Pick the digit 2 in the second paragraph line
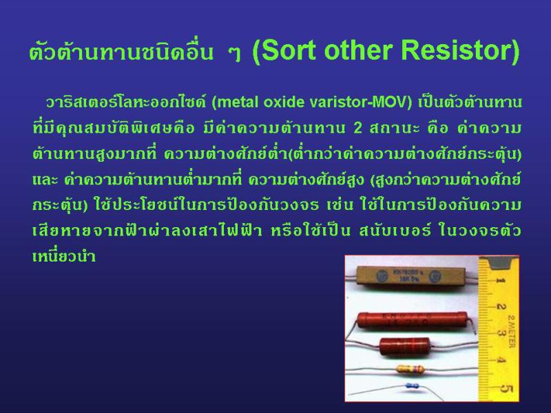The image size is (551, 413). (357, 128)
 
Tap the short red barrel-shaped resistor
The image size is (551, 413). (404, 346)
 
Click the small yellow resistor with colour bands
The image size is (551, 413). (410, 369)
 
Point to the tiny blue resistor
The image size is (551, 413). (412, 385)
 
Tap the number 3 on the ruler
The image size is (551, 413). (501, 333)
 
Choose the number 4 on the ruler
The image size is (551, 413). (501, 361)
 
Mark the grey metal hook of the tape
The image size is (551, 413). (499, 263)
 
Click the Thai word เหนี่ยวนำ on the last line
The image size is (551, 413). (63, 255)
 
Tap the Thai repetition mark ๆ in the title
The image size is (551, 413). (234, 53)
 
